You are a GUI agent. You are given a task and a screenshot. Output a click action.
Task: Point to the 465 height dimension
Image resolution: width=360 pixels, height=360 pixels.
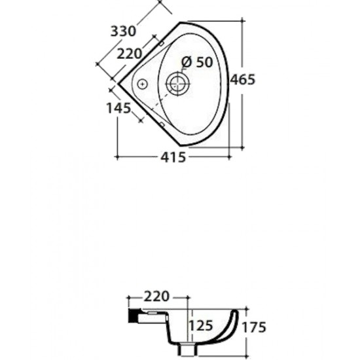(x=242, y=79)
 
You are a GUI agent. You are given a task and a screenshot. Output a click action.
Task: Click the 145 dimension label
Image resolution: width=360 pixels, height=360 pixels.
(x=118, y=109)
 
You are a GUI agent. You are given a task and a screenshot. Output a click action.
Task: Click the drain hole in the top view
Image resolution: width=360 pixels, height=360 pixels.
(x=177, y=83)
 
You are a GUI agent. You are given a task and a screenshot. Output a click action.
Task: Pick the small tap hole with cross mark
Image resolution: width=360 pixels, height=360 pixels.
(x=140, y=83)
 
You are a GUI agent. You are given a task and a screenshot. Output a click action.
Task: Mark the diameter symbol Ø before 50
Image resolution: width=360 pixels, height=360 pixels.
(x=186, y=62)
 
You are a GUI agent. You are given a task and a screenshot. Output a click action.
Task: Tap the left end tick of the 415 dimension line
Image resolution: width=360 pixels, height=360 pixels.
(x=117, y=157)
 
